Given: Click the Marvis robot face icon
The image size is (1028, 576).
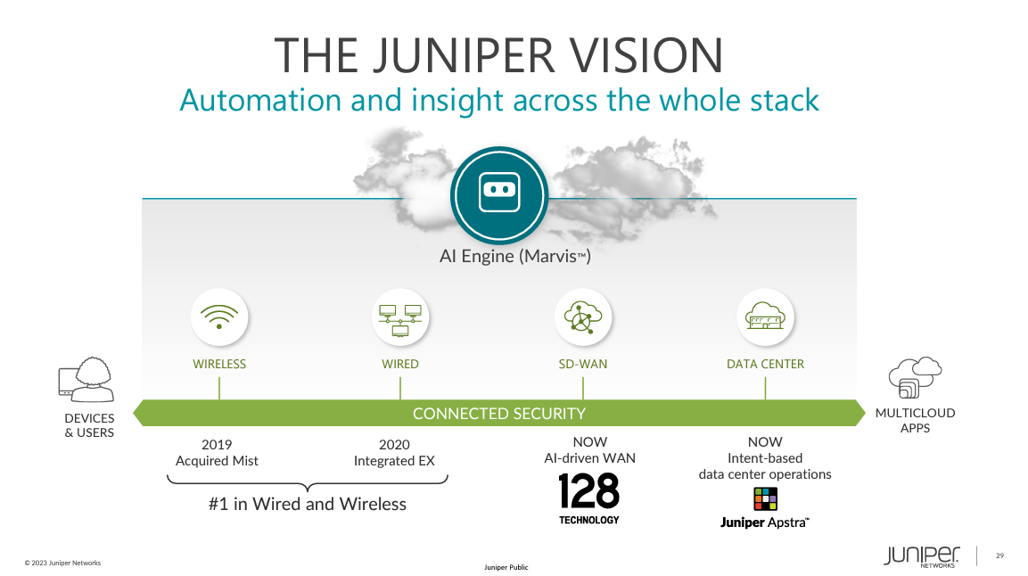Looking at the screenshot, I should pyautogui.click(x=498, y=193).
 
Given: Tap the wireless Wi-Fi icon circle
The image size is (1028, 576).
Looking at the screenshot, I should pyautogui.click(x=219, y=317).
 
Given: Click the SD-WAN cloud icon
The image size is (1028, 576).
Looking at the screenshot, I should pyautogui.click(x=583, y=317).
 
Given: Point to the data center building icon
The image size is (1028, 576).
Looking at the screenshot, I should pyautogui.click(x=765, y=317).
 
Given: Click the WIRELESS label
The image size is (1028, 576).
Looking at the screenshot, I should pyautogui.click(x=219, y=364).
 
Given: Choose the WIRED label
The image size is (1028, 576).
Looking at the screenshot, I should pyautogui.click(x=400, y=364).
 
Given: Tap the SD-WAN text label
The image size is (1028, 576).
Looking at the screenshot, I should pyautogui.click(x=583, y=364).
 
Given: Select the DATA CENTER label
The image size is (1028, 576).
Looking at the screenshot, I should pyautogui.click(x=765, y=364).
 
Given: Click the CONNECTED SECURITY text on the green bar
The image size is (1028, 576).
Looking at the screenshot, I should pyautogui.click(x=498, y=414).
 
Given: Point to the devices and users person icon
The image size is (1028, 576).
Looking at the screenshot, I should pyautogui.click(x=87, y=381).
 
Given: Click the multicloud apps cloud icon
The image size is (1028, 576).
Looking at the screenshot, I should pyautogui.click(x=915, y=377).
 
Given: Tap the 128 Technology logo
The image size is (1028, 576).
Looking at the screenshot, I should pyautogui.click(x=588, y=498).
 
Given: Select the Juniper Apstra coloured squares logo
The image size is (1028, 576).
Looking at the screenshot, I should pyautogui.click(x=765, y=498).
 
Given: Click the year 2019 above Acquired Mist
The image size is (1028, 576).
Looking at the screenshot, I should pyautogui.click(x=217, y=444).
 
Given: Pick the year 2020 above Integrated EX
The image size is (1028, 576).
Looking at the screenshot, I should pyautogui.click(x=394, y=444).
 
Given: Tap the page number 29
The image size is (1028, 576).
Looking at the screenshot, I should pyautogui.click(x=999, y=555).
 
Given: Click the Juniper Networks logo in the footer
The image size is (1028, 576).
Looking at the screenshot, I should pyautogui.click(x=922, y=555).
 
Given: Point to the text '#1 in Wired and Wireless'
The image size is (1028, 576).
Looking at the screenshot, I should pyautogui.click(x=308, y=504).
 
